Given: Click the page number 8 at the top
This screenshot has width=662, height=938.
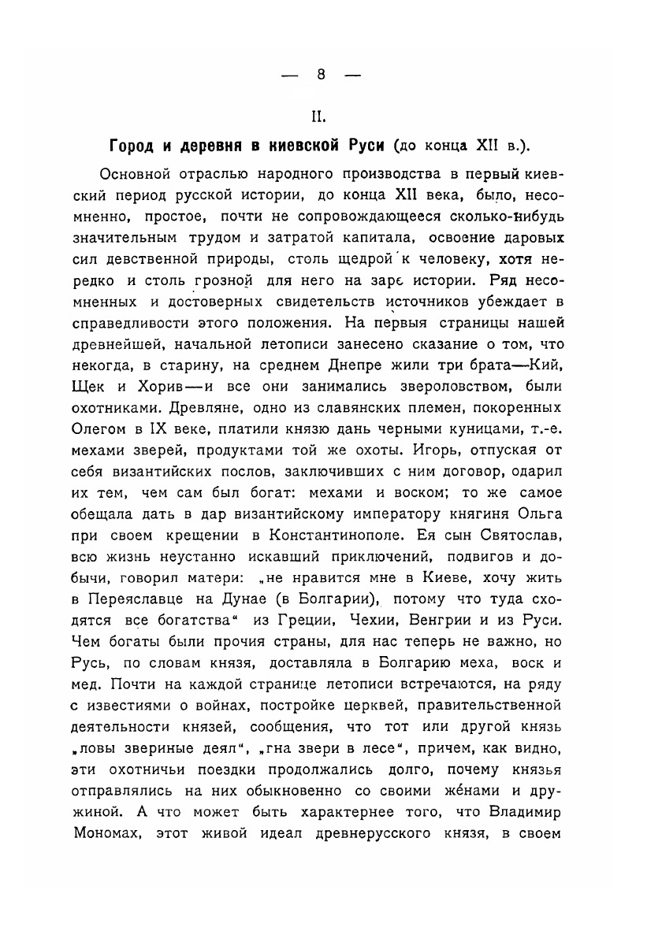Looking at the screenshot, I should [x=321, y=75].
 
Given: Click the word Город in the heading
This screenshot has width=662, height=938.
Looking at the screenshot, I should [x=131, y=147].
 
